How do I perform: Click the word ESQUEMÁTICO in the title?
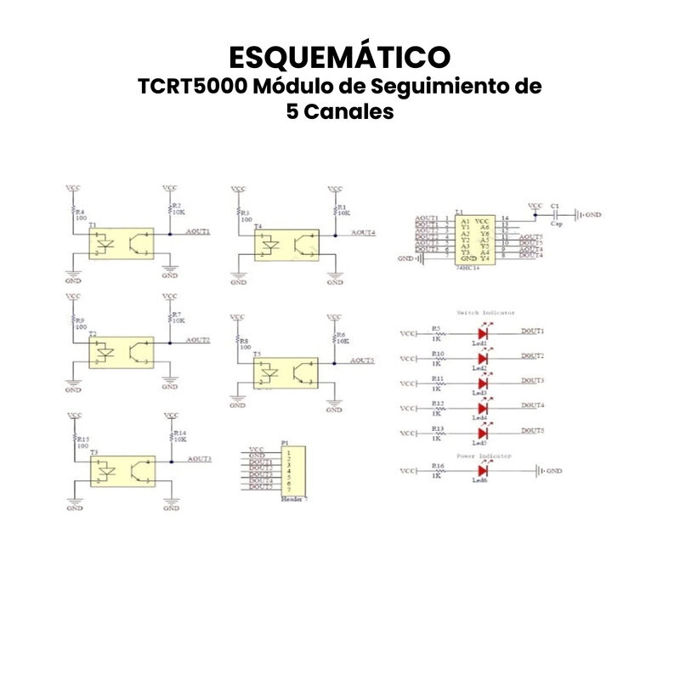[340, 57]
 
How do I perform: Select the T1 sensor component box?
[122, 243]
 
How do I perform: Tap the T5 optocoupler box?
[286, 372]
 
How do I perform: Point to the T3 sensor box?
[122, 470]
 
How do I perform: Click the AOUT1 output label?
[198, 231]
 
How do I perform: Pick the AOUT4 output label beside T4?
[363, 232]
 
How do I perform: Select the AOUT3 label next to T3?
[199, 459]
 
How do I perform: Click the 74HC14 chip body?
[472, 237]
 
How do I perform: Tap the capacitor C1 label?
[555, 206]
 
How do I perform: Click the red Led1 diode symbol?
[483, 334]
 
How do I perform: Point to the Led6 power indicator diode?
[483, 470]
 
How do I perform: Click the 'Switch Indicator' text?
[485, 314]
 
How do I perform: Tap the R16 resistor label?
[437, 466]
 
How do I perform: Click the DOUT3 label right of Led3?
[533, 380]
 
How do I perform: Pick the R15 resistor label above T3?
[82, 439]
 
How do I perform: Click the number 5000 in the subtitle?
[212, 87]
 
